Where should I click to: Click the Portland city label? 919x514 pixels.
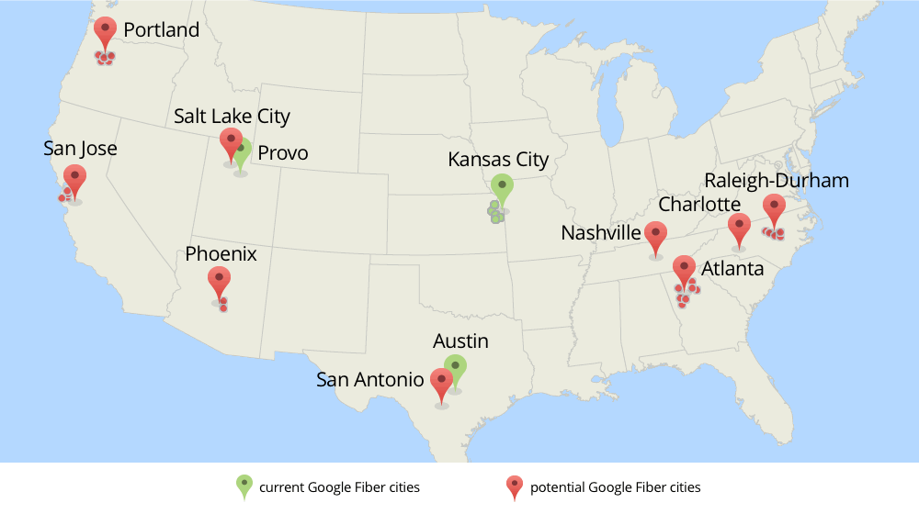tap(161, 30)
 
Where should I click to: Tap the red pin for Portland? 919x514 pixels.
tap(106, 31)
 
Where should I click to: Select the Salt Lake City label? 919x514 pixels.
tap(232, 117)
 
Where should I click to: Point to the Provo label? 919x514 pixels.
tap(282, 153)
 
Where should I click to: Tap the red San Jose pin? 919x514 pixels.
tap(74, 177)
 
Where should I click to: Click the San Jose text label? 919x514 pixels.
tap(80, 148)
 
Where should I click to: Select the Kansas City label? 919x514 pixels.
tap(498, 160)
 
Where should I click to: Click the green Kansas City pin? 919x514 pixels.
tap(501, 187)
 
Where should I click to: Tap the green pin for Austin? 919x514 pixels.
tap(455, 368)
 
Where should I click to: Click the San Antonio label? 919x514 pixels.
tap(369, 379)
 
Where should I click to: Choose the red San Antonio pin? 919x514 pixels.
tap(441, 381)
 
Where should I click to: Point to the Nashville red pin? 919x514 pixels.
tap(655, 234)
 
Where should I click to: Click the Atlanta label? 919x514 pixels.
tap(732, 269)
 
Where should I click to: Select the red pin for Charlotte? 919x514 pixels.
tap(739, 226)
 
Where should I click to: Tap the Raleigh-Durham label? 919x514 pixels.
tap(777, 180)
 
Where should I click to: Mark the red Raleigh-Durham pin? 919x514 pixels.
tap(774, 207)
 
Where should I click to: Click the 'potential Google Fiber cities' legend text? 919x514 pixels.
tap(615, 486)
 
